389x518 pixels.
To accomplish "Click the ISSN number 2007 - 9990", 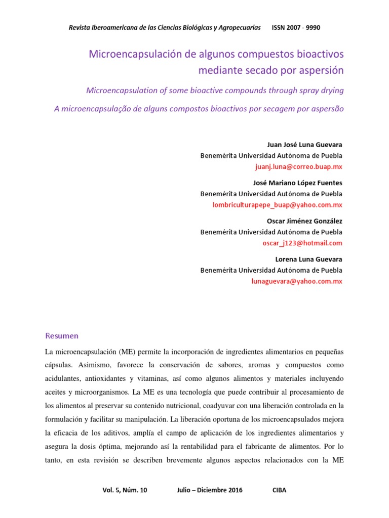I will [x=303, y=27].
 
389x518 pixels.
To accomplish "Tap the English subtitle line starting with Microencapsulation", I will [x=215, y=91].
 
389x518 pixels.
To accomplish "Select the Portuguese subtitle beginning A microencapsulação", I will [x=199, y=109].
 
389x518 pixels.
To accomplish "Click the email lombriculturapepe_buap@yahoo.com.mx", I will [x=277, y=204].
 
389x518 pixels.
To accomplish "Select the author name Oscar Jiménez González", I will [x=304, y=222].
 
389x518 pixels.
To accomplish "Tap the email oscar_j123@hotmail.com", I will [x=302, y=243].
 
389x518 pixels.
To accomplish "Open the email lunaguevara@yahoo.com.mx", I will [x=297, y=281].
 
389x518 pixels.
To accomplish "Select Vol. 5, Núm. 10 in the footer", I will [x=125, y=490].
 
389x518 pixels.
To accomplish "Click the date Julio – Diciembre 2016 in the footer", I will [x=210, y=490].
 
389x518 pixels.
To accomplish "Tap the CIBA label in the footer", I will [x=279, y=490].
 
